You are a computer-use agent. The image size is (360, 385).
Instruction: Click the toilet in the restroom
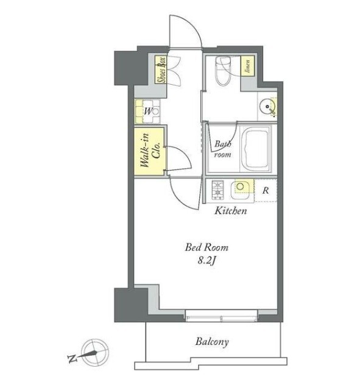pyautogui.click(x=223, y=71)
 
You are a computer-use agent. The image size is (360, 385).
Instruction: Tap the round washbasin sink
pyautogui.click(x=267, y=107)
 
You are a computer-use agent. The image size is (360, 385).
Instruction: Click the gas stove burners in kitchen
pyautogui.click(x=218, y=190)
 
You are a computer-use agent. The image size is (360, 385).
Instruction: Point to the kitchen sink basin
pyautogui.click(x=239, y=189)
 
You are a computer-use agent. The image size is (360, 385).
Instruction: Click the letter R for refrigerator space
pyautogui.click(x=266, y=191)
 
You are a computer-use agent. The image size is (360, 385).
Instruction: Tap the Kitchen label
pyautogui.click(x=231, y=211)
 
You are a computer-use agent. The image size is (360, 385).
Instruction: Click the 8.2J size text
pyautogui.click(x=206, y=261)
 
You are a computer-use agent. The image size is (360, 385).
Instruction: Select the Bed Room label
pyautogui.click(x=206, y=247)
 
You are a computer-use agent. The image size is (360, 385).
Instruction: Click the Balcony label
pyautogui.click(x=212, y=342)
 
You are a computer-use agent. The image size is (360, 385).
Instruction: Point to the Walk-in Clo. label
pyautogui.click(x=150, y=150)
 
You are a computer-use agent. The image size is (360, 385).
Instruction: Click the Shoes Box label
pyautogui.click(x=161, y=69)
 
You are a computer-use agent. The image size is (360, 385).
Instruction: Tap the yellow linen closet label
pyautogui.click(x=247, y=66)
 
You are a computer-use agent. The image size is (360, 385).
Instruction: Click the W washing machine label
pyautogui.click(x=148, y=111)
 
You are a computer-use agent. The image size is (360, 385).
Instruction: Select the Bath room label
pyautogui.click(x=222, y=149)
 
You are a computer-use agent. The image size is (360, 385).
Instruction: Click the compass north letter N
pyautogui.click(x=72, y=359)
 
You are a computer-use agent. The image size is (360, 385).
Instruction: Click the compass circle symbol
pyautogui.click(x=95, y=353)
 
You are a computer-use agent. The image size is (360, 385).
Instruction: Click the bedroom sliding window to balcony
pyautogui.click(x=221, y=316)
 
